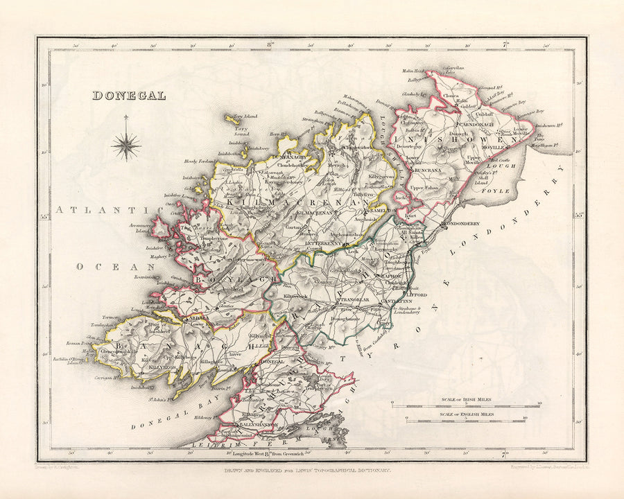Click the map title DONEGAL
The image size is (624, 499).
point(129,96)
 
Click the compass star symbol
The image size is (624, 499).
point(126,146)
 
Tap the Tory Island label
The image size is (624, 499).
point(244,116)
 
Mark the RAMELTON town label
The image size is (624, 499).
point(383,209)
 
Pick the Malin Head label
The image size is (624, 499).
point(413,71)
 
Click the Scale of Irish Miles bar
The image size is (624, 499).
point(466,405)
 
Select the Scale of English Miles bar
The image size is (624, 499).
point(466,419)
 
